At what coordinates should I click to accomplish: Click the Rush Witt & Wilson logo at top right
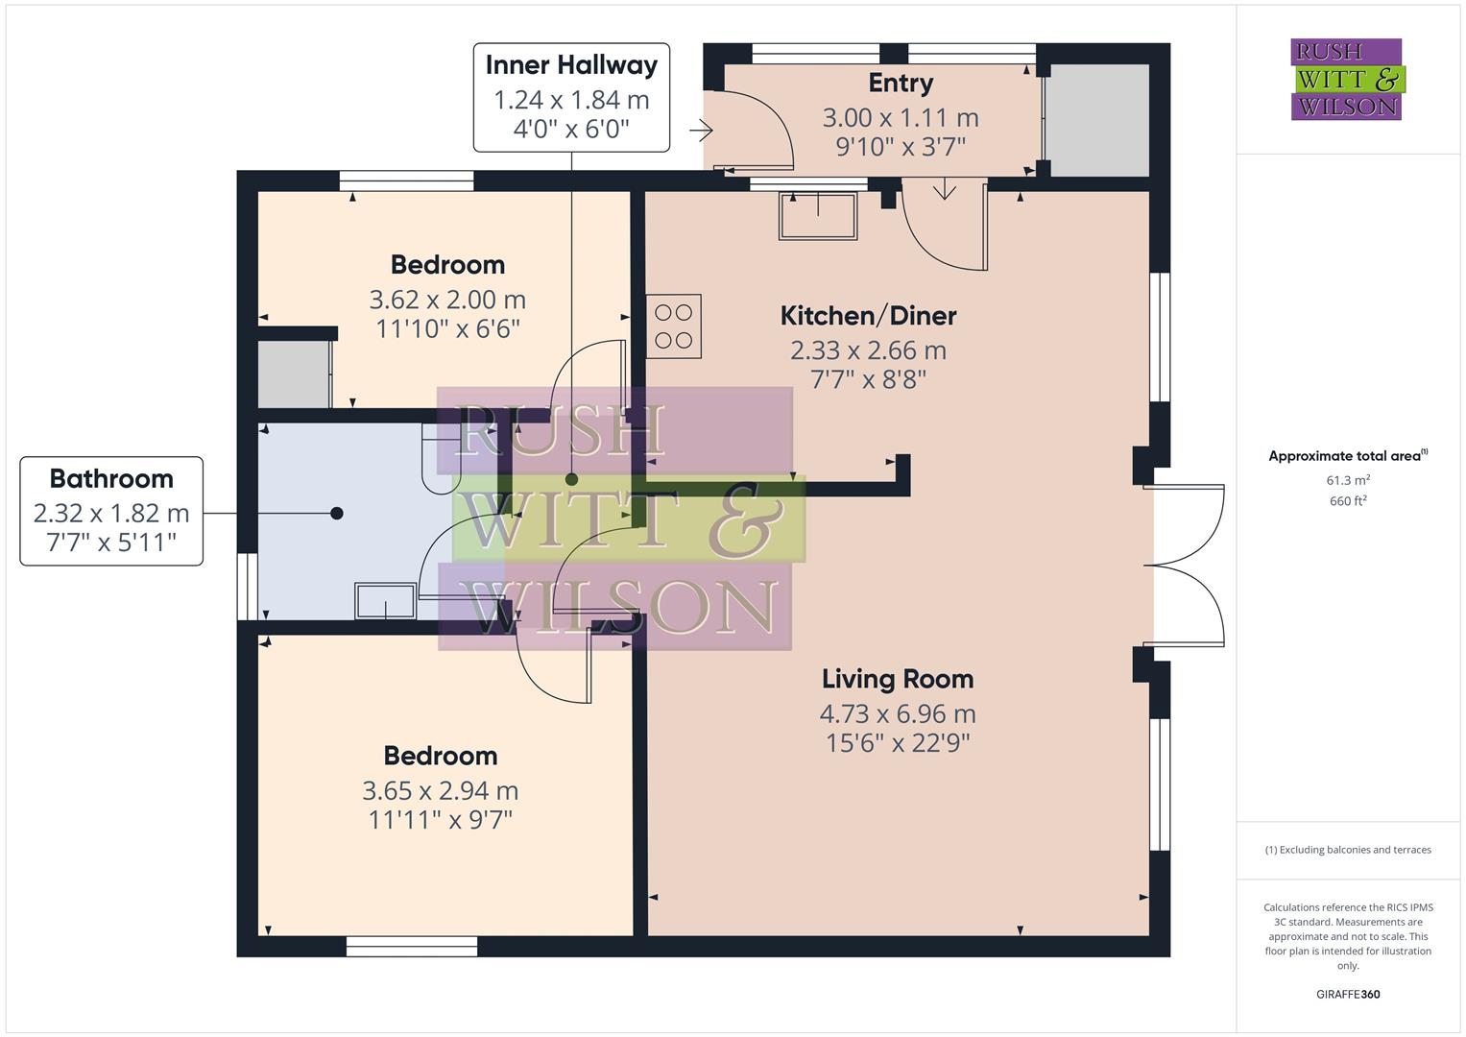pos(1346,80)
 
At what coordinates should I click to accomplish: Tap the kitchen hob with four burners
pos(673,326)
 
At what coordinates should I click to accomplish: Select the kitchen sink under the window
pos(818,215)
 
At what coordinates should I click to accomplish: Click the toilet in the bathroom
pos(442,459)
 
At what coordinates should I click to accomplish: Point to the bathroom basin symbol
pos(386,601)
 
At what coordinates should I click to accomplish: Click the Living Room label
pos(897,679)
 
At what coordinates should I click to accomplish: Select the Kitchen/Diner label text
pos(868,315)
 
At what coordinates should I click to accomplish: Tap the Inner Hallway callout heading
pos(571,65)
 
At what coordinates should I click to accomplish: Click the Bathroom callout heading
pos(111,478)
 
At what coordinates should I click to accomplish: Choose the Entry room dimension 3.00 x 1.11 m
pos(901,117)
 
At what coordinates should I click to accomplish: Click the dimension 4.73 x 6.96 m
pos(897,713)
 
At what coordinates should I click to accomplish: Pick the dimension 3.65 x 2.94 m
pos(440,790)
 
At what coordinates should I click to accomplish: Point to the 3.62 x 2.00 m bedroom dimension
pos(447,300)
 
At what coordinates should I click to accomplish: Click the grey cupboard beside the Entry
pos(1096,120)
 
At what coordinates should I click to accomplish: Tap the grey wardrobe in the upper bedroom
pos(294,374)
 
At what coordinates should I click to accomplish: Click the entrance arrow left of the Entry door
pos(701,130)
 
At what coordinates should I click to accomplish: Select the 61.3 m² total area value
pos(1348,480)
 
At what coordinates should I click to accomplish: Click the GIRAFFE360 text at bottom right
pos(1348,994)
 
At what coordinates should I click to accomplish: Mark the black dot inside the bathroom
pos(337,514)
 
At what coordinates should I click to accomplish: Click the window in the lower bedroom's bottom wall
pos(412,947)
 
